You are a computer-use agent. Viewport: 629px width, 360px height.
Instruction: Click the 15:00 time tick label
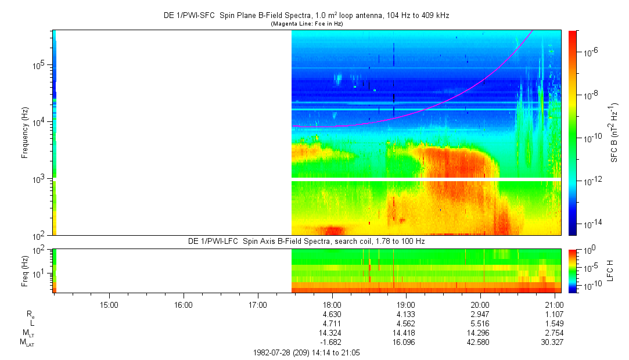tap(109, 305)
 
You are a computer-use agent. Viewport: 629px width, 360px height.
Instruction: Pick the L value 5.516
tap(480, 323)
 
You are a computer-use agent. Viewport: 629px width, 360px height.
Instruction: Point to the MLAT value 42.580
tap(479, 343)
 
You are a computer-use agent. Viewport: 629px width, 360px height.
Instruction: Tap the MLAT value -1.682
tap(331, 343)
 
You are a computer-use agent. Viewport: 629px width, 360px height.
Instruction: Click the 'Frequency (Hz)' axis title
tap(25, 133)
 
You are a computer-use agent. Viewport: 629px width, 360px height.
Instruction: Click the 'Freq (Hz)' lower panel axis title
tap(25, 271)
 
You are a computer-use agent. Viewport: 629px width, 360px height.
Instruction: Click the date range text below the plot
tap(307, 353)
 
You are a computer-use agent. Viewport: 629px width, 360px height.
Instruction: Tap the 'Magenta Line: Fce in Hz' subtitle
tap(307, 24)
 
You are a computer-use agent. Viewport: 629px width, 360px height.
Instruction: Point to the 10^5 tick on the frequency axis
tap(41, 66)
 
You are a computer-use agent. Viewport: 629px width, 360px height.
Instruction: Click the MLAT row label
tap(28, 343)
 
